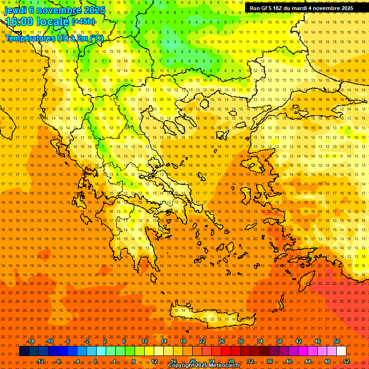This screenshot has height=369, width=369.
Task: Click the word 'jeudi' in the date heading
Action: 15,10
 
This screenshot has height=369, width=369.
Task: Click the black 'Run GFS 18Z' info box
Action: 301,8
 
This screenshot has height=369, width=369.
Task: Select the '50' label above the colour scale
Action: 336,341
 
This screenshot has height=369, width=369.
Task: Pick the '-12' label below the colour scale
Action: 40,361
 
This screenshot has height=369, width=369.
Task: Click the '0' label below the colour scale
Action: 95,361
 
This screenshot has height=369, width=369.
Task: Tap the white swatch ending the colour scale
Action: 342,351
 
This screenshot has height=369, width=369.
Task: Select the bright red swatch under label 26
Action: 221,351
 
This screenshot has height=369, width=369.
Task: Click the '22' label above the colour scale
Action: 202,341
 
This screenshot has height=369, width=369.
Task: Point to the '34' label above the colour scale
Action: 260,341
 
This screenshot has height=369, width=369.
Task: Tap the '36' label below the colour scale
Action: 270,361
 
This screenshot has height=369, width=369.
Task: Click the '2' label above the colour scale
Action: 105,341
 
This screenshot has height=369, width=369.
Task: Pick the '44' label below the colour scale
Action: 308,361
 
